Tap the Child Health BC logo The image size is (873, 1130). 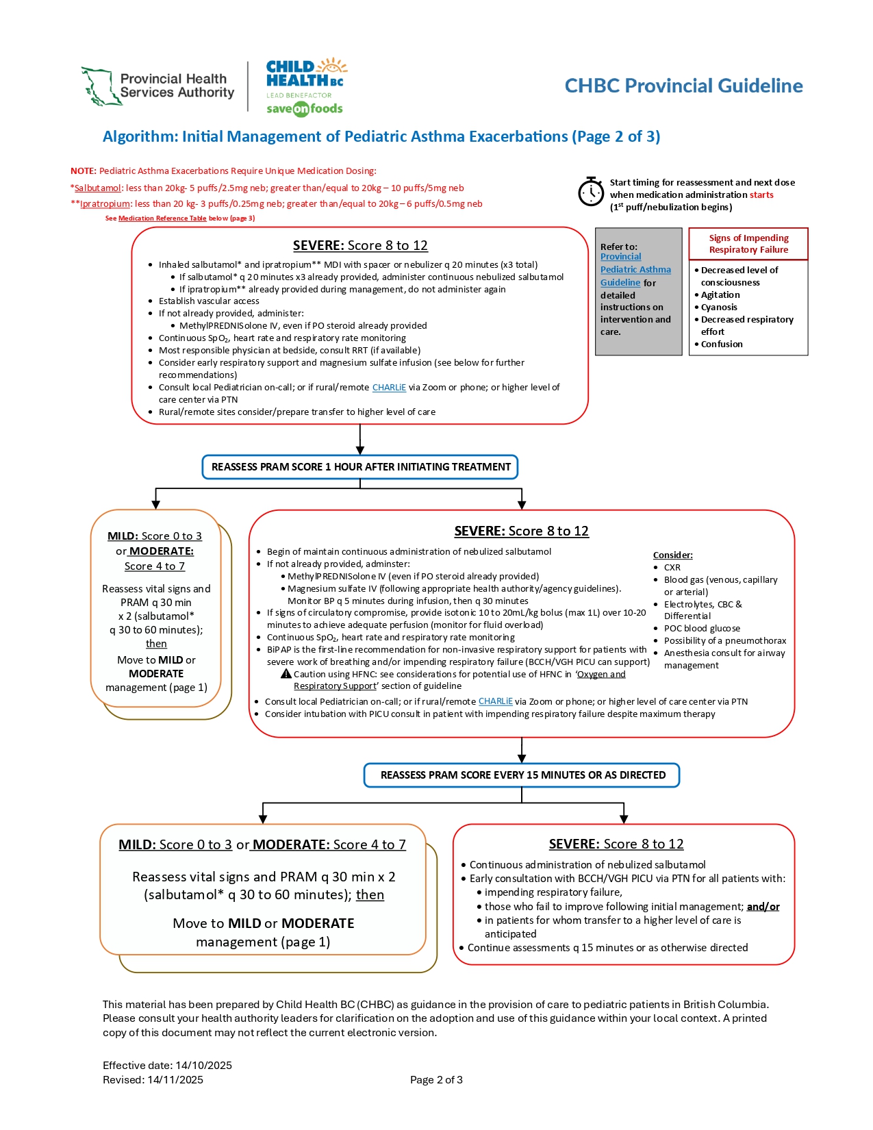[x=305, y=86]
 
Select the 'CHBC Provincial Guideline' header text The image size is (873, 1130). [x=683, y=86]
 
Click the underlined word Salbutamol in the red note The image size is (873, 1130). [x=98, y=188]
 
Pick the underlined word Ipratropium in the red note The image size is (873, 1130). [x=105, y=204]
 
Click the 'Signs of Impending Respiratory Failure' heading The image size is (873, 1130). [x=748, y=244]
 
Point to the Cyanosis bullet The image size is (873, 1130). [x=719, y=307]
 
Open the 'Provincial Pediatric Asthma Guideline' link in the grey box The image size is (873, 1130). [x=635, y=270]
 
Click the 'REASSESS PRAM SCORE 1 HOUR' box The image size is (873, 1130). [x=360, y=467]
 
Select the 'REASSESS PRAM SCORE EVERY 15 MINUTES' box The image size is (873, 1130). [x=522, y=775]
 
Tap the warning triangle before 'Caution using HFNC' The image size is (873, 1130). [x=286, y=674]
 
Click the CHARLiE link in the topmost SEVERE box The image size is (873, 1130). [x=389, y=388]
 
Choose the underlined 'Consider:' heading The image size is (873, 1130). [x=672, y=555]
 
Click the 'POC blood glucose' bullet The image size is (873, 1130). [x=702, y=629]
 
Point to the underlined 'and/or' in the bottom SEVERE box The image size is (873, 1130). [x=763, y=907]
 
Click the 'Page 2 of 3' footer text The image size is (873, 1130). [x=436, y=1080]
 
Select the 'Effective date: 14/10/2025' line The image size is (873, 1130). [x=167, y=1066]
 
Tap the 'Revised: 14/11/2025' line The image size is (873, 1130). [x=153, y=1080]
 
